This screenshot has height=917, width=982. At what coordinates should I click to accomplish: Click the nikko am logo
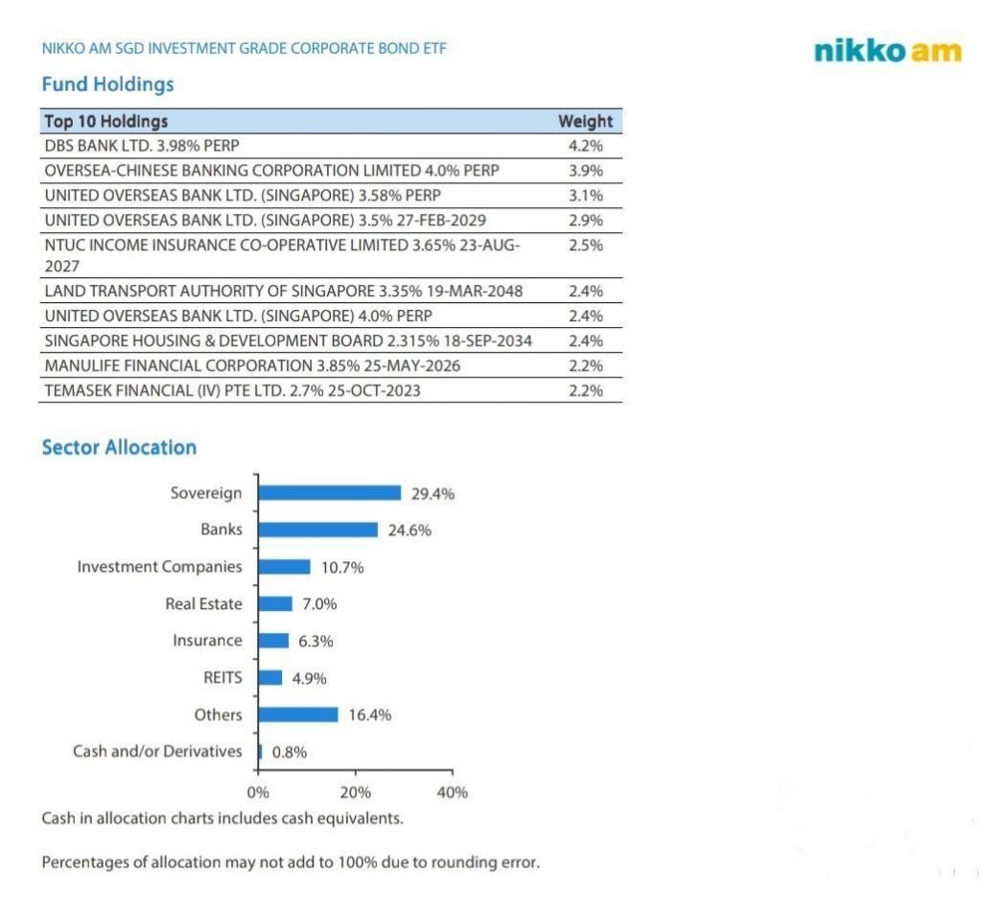coord(887,51)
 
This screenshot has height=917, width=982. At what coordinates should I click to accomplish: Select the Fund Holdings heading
coord(107,84)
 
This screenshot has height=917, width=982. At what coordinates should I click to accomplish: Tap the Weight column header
coord(585,122)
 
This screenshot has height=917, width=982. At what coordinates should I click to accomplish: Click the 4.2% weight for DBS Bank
coord(585,147)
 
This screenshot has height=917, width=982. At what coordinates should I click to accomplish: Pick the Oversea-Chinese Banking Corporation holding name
coord(271,171)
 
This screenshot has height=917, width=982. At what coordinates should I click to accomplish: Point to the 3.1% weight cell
coord(585,196)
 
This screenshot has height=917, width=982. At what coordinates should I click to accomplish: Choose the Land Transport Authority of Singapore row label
coord(284,291)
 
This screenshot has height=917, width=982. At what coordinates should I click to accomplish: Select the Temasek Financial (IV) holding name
coord(232,390)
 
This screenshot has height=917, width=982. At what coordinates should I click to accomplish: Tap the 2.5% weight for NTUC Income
coord(585,246)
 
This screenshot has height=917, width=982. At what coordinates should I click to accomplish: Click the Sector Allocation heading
coord(119,448)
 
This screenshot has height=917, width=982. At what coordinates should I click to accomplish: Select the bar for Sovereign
coord(330,493)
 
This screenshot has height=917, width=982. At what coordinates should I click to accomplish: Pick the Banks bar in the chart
coord(318,529)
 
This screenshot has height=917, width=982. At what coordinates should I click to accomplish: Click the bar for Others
coord(298,715)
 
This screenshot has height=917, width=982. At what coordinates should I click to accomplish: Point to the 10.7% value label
coord(341,567)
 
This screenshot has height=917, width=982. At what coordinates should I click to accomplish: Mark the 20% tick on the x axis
coord(356,792)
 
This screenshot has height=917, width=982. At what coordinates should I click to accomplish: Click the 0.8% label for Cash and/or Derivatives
coord(290,752)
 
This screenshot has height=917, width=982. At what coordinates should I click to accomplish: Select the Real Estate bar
coord(275,604)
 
